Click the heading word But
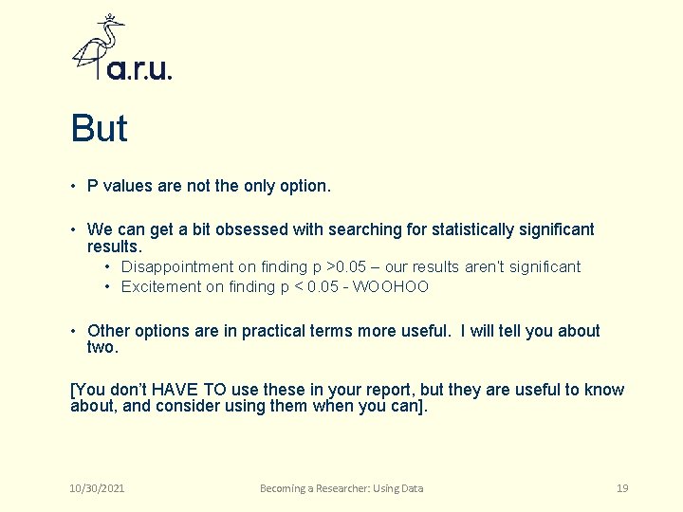click(x=99, y=129)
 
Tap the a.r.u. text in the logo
click(x=139, y=69)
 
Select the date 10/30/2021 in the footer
click(x=98, y=488)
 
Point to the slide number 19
click(x=622, y=488)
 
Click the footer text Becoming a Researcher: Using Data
click(x=341, y=488)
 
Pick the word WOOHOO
click(x=391, y=286)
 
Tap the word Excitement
click(x=160, y=286)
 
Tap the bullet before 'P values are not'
click(x=73, y=186)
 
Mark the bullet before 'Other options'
click(x=73, y=331)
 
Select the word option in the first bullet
click(x=304, y=186)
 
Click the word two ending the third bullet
click(x=102, y=347)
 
